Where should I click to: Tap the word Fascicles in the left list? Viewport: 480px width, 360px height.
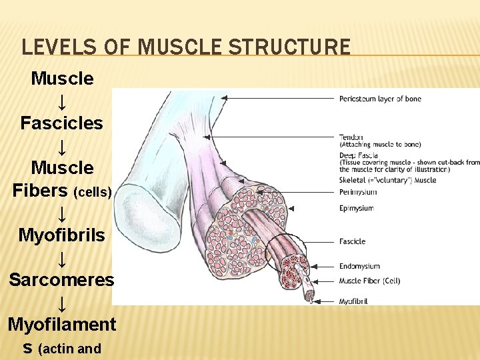tap(61, 123)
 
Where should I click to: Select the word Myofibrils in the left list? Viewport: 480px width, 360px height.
tap(61, 235)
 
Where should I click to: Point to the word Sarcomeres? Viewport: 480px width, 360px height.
tap(61, 280)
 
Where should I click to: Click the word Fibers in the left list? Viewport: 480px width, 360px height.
tap(40, 191)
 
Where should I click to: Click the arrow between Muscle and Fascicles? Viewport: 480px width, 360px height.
tap(61, 101)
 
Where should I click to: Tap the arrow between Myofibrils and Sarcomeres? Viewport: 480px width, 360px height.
tap(61, 258)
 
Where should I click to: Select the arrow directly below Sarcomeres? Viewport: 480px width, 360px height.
tap(61, 303)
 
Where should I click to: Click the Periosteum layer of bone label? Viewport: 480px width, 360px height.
tap(380, 99)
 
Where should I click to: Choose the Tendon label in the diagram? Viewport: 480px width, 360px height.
tap(351, 137)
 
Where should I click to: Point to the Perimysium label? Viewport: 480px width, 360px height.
tap(358, 192)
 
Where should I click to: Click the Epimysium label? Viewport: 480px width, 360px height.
tap(357, 208)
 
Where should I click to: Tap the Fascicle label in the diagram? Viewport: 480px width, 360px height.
tap(352, 241)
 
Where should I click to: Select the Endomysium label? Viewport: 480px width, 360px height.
tap(359, 267)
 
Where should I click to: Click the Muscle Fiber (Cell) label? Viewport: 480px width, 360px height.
tap(369, 281)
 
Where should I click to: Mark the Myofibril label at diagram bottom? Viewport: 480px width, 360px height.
tap(353, 301)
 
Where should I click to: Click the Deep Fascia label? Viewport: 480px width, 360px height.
tap(359, 155)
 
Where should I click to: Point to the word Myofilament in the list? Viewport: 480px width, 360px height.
tap(61, 325)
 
